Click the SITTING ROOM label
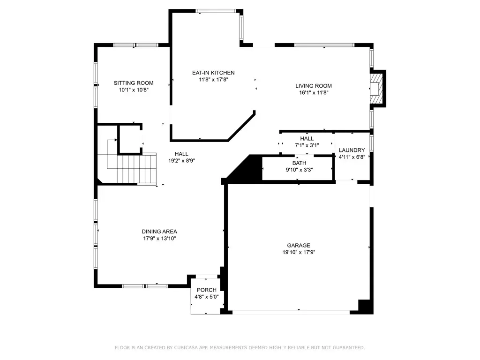[x=134, y=83]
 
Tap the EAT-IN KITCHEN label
[x=213, y=73]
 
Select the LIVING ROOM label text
[x=314, y=86]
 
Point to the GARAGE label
[x=299, y=246]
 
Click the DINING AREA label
[x=159, y=232]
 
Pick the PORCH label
[x=207, y=290]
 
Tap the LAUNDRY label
[x=352, y=150]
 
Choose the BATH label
[x=299, y=163]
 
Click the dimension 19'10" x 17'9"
[x=299, y=252]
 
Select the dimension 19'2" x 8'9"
[x=181, y=161]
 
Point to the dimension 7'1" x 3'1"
[x=307, y=145]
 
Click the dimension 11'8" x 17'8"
[x=213, y=80]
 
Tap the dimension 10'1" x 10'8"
[x=134, y=90]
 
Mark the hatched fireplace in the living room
[x=375, y=89]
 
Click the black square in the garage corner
[x=364, y=306]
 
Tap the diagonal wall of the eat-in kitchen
[x=241, y=126]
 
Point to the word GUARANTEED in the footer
[x=349, y=347]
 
